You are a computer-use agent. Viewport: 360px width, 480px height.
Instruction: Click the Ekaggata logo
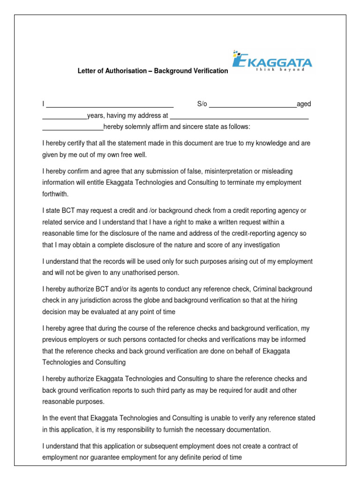pos(272,60)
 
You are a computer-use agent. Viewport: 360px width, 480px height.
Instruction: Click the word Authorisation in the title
pos(119,71)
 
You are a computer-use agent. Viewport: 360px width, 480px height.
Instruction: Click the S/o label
pos(202,104)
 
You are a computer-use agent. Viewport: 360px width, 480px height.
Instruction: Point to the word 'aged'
pos(304,104)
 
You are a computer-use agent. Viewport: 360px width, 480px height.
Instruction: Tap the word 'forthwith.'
pos(55,194)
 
